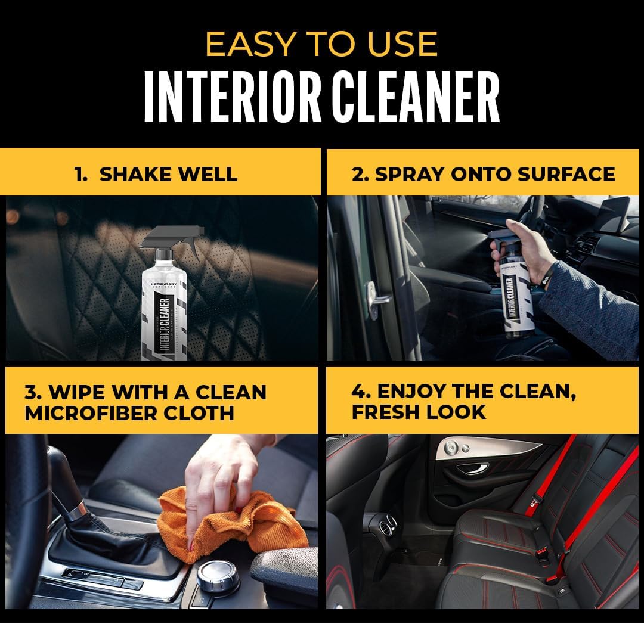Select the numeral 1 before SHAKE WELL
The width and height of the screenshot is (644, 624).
click(78, 174)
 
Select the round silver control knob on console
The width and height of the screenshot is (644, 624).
click(218, 576)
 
